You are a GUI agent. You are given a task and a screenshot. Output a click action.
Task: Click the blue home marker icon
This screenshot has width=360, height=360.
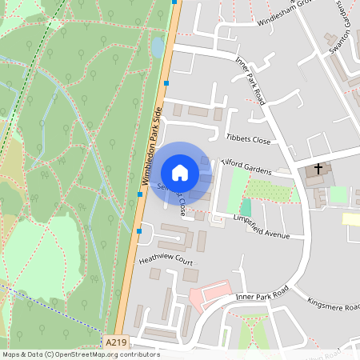(180, 172)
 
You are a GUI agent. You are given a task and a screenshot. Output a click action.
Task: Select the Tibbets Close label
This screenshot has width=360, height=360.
(248, 138)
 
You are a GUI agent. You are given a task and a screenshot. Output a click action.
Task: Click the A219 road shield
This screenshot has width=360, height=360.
(116, 342)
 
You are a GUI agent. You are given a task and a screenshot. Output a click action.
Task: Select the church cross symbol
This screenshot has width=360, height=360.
(318, 170)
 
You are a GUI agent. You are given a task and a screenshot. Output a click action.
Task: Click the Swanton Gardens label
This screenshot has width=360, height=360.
(344, 32)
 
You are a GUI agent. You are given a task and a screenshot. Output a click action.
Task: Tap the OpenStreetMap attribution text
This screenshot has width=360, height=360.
(81, 354)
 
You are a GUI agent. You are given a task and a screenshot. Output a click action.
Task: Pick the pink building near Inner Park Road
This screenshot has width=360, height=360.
(208, 296)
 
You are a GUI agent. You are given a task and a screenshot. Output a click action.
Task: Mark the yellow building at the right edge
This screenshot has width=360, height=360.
(351, 218)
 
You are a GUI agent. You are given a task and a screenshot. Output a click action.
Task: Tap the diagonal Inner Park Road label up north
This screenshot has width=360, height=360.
(250, 80)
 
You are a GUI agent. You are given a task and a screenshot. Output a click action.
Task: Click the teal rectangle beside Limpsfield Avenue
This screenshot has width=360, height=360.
(246, 206)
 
